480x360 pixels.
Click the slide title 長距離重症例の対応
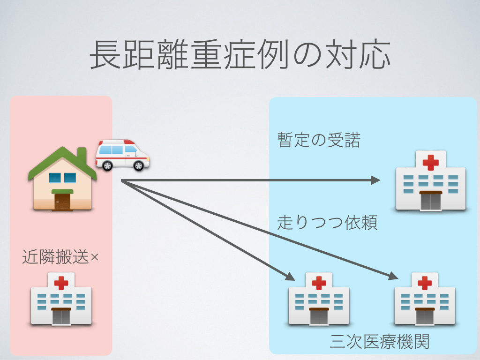tap(240, 55)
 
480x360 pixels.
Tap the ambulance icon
tap(122, 155)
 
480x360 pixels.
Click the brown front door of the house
tap(62, 201)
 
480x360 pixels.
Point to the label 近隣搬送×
tap(60, 257)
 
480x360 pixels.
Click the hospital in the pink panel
tap(61, 300)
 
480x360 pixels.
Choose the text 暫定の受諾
tap(319, 140)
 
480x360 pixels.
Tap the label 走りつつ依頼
tap(327, 223)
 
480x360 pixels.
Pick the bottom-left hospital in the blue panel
tap(319, 300)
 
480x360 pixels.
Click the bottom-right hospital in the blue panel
tap(425, 300)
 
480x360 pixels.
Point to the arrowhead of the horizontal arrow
tap(375, 180)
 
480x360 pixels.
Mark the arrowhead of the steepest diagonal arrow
tap(291, 277)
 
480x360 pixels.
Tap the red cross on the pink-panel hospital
tap(61, 283)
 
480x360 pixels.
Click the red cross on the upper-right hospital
tap(430, 163)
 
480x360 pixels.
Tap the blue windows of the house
tap(62, 178)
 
